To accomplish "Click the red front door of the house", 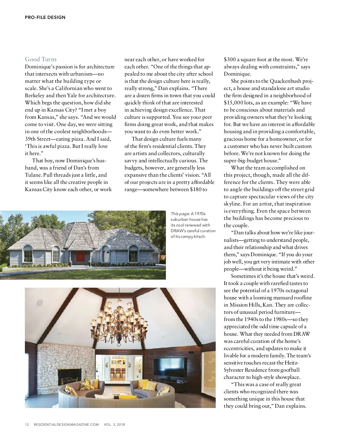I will click(80, 257).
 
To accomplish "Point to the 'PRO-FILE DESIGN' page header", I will click(45, 17).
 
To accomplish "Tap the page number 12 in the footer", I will click(27, 424).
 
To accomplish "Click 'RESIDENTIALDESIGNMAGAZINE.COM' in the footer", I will click(66, 424).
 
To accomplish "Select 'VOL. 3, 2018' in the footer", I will click(114, 424).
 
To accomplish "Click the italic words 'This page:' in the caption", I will click(180, 214).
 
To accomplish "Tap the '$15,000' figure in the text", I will click(233, 103).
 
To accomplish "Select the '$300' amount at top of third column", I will click(230, 59).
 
